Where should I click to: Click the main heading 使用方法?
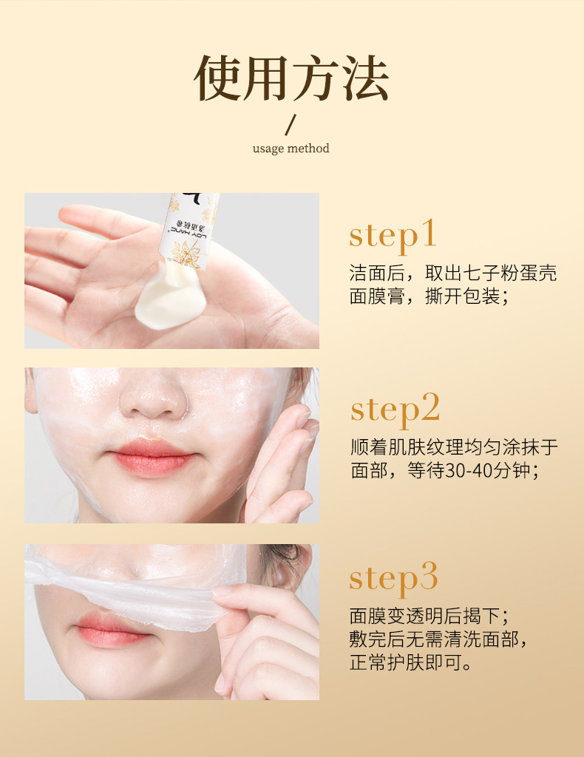(x=291, y=77)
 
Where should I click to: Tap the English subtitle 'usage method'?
(x=291, y=148)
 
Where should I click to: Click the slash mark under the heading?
(x=291, y=123)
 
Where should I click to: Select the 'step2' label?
(x=395, y=408)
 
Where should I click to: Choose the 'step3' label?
(x=393, y=577)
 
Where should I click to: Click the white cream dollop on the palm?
(x=167, y=291)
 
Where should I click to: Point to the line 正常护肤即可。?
(x=410, y=662)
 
